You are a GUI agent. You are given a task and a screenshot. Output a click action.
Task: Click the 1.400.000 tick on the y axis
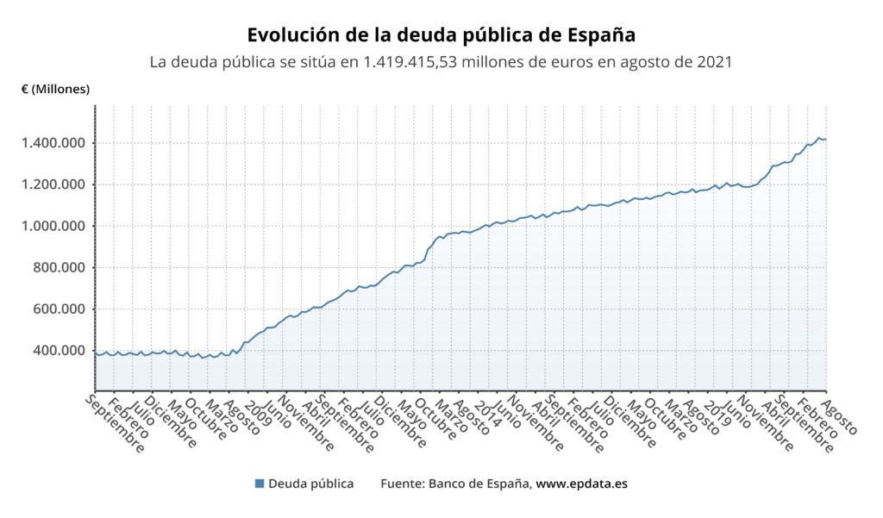(x=53, y=143)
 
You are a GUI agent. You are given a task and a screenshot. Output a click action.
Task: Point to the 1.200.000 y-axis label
(x=53, y=184)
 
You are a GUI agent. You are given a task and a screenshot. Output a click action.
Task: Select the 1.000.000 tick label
(x=53, y=226)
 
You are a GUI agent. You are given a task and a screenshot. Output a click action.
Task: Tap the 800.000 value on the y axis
(x=59, y=267)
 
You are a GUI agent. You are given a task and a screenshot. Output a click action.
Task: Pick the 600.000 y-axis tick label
(x=59, y=309)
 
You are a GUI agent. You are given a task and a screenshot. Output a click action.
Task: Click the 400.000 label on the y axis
(x=59, y=351)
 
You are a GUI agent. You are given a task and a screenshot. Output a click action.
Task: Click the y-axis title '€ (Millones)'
(x=55, y=89)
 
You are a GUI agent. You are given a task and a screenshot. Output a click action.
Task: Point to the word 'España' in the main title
(x=601, y=35)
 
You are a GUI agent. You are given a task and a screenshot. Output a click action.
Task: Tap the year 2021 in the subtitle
(x=714, y=63)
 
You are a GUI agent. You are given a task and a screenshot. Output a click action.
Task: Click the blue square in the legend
(x=260, y=484)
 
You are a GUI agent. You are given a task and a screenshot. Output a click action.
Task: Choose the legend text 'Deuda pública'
(x=310, y=484)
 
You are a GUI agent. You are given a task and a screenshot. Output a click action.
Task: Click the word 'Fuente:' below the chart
(x=402, y=484)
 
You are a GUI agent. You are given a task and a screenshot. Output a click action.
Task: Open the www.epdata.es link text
(x=581, y=484)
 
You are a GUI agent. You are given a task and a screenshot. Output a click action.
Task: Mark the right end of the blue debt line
(x=825, y=139)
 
